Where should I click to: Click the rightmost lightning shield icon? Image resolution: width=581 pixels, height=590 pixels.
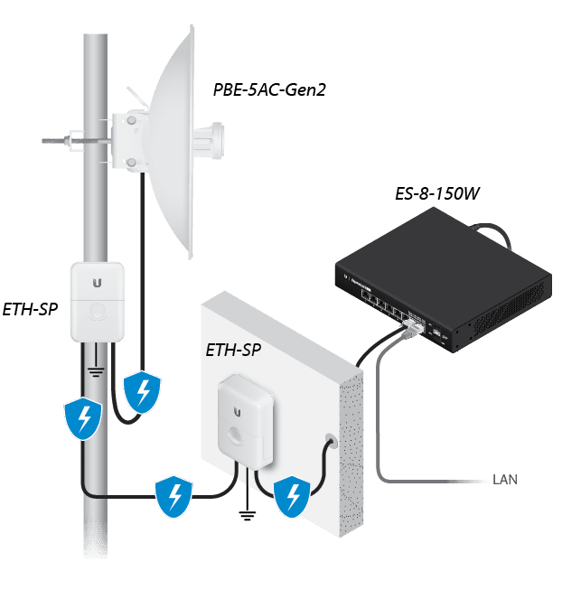[x=292, y=496]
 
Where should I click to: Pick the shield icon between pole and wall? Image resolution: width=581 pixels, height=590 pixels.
[x=173, y=495]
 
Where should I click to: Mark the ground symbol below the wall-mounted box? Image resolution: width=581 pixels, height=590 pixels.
[x=245, y=516]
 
